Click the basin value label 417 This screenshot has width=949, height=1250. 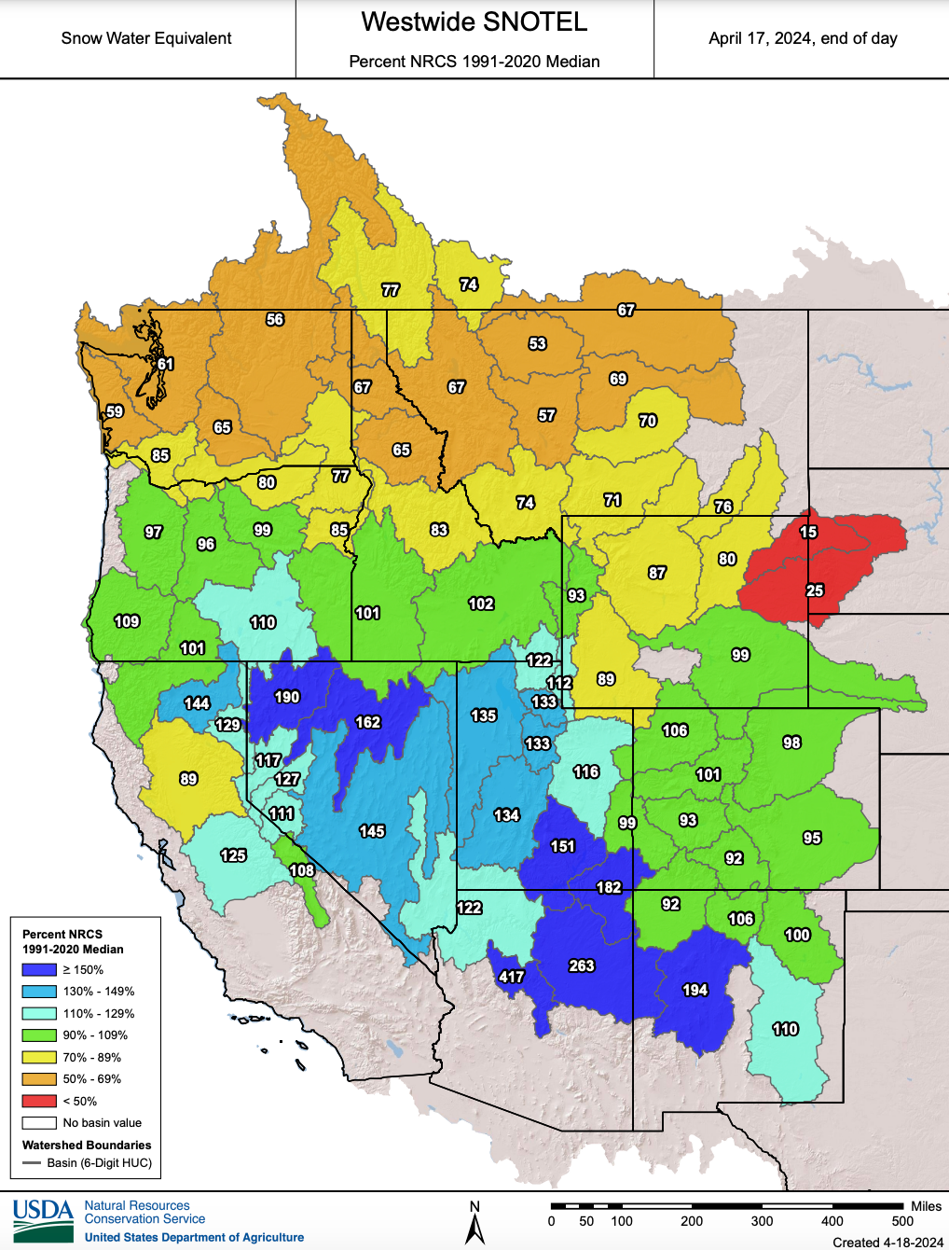tap(511, 977)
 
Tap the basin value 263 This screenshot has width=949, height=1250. tap(582, 965)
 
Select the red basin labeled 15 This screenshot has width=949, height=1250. tap(808, 532)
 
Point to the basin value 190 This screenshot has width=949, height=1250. tap(287, 697)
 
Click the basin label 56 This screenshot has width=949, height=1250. tap(275, 319)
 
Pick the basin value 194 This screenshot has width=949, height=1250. tap(695, 990)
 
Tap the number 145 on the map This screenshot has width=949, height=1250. tap(372, 831)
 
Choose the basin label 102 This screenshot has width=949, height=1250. tap(481, 604)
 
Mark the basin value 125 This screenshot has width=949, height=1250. tap(233, 855)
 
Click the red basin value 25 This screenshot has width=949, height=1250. tap(815, 590)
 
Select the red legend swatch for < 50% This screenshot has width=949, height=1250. tap(39, 1101)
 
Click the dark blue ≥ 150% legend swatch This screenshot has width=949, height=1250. tap(39, 970)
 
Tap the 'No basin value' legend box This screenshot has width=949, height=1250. tap(39, 1123)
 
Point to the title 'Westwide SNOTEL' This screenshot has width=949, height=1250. tap(474, 22)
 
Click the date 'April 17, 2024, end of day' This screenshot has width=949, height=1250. tap(803, 38)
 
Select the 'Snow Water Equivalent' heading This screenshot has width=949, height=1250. tap(146, 38)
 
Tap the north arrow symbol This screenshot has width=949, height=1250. tap(474, 1224)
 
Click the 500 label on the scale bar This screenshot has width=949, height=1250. tap(902, 1221)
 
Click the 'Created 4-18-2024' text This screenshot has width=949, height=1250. tap(887, 1242)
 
